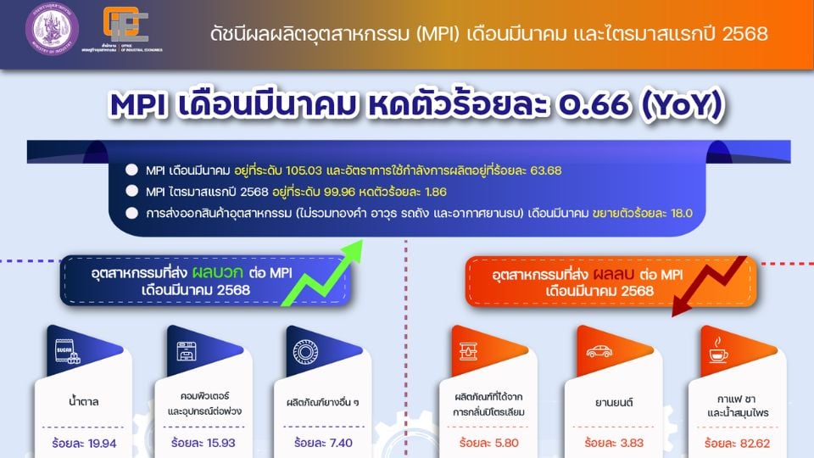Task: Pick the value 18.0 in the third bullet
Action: pyautogui.click(x=678, y=214)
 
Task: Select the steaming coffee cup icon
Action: pyautogui.click(x=718, y=350)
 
